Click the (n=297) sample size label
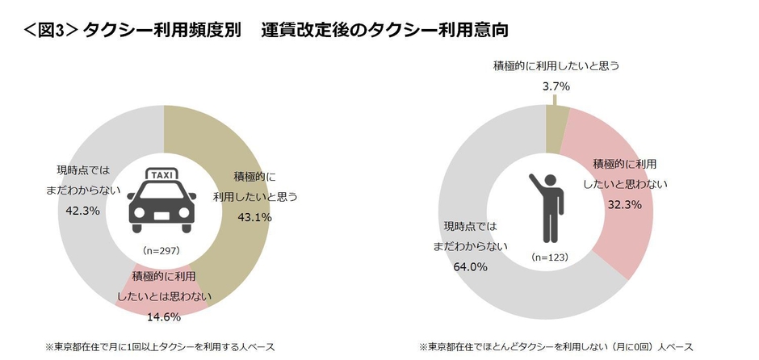click(165, 250)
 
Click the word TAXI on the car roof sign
click(165, 174)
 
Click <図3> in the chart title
click(41, 31)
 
